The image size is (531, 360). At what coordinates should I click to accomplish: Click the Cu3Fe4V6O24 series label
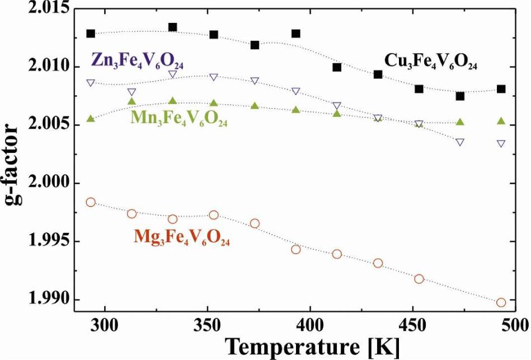pyautogui.click(x=431, y=61)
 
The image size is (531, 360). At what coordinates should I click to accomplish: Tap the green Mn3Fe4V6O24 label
pyautogui.click(x=179, y=119)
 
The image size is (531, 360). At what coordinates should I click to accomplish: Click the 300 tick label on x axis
pyautogui.click(x=105, y=323)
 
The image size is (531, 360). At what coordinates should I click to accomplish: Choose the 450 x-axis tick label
pyautogui.click(x=412, y=323)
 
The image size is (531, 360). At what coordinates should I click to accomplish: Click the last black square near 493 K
pyautogui.click(x=501, y=89)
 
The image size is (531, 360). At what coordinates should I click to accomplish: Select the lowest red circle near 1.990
pyautogui.click(x=501, y=302)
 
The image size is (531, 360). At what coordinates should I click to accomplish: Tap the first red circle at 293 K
pyautogui.click(x=91, y=202)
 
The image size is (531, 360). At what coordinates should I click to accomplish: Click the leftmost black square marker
pyautogui.click(x=91, y=34)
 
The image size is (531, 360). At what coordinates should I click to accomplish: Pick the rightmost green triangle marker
pyautogui.click(x=501, y=121)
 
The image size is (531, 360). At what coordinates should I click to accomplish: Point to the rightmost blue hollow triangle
pyautogui.click(x=501, y=143)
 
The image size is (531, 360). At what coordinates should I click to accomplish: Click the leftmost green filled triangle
pyautogui.click(x=91, y=118)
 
